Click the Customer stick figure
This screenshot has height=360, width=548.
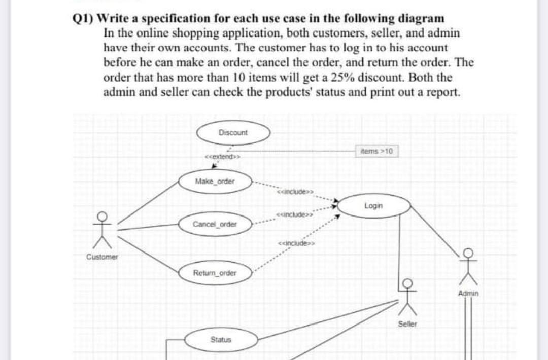tap(102, 230)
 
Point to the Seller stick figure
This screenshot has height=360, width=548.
tap(407, 297)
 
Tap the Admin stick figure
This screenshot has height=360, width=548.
tap(468, 267)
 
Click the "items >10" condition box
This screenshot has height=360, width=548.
tap(376, 151)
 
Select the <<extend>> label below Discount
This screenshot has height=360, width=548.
tap(222, 157)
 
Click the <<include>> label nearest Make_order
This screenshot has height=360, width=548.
tap(295, 192)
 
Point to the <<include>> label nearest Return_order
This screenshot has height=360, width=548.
tap(296, 243)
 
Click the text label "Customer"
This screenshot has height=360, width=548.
tap(102, 257)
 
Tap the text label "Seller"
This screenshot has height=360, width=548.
tap(407, 324)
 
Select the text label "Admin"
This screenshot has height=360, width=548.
tap(468, 293)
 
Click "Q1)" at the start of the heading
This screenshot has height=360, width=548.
tap(83, 18)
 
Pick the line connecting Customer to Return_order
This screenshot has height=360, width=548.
tap(148, 255)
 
